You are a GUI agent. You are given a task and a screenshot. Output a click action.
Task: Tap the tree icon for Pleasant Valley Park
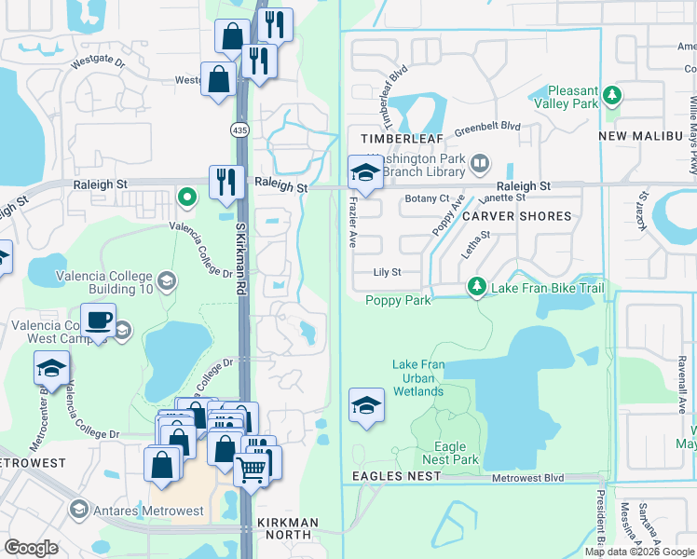click(x=612, y=95)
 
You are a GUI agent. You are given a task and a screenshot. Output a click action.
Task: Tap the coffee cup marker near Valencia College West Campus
click(x=97, y=321)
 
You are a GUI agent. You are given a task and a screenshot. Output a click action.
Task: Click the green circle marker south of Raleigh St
click(x=187, y=198)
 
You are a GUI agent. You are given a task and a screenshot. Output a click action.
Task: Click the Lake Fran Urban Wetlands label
click(x=417, y=378)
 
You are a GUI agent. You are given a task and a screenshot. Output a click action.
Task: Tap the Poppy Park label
click(x=398, y=300)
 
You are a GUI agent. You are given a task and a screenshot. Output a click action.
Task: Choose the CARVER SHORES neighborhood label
click(x=516, y=216)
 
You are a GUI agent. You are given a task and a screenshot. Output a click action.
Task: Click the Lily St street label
click(x=386, y=273)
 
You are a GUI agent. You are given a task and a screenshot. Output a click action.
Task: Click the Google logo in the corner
click(x=32, y=548)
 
